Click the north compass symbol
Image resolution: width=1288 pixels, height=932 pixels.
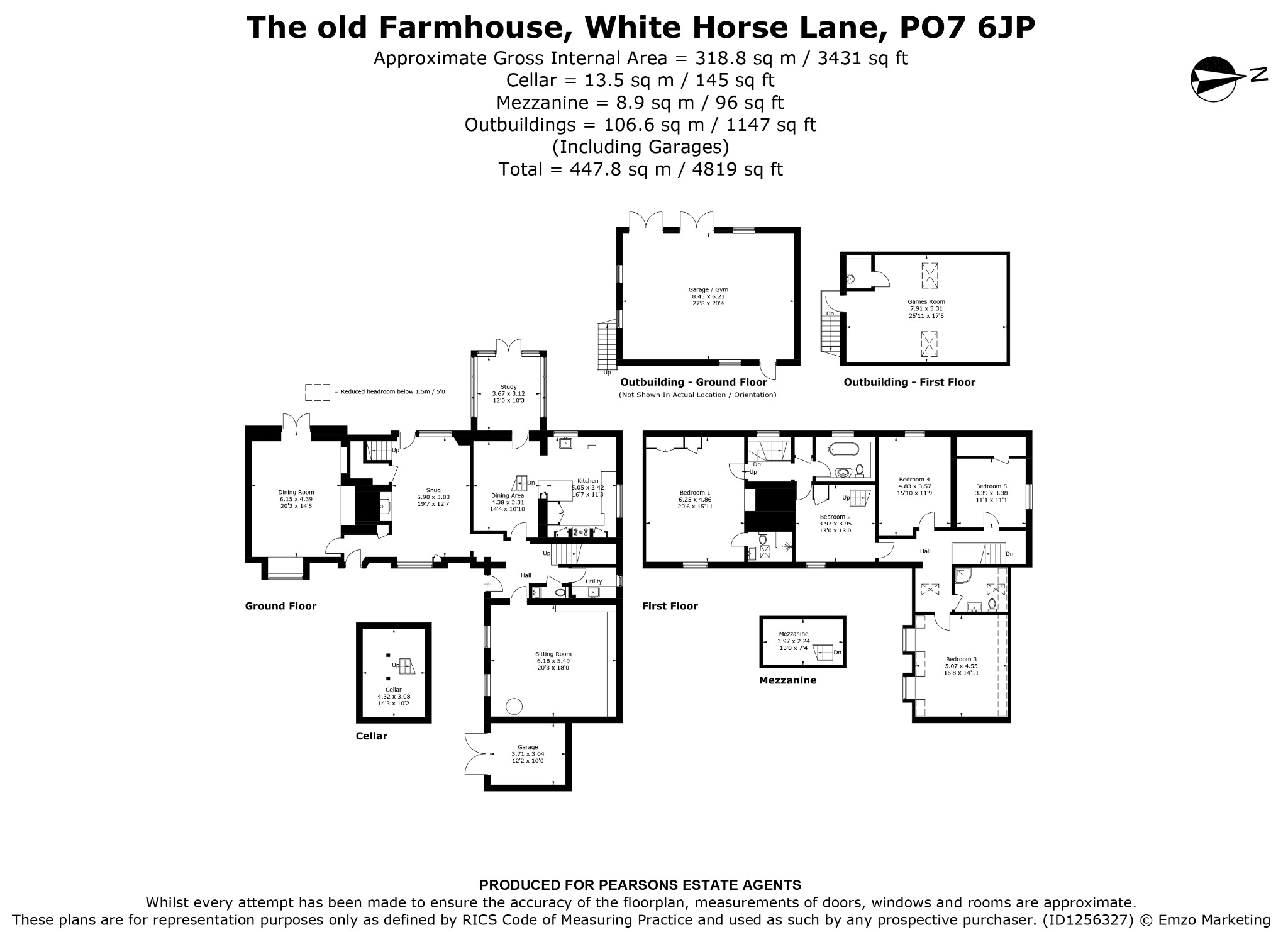click(1226, 79)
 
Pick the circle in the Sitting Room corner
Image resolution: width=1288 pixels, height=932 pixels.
click(515, 706)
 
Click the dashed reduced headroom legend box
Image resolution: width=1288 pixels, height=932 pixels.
click(318, 392)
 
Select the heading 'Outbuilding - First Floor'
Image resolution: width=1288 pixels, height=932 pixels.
click(909, 382)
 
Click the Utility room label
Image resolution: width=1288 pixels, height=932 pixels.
click(594, 581)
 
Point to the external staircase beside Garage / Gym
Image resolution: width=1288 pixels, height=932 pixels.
click(606, 345)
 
